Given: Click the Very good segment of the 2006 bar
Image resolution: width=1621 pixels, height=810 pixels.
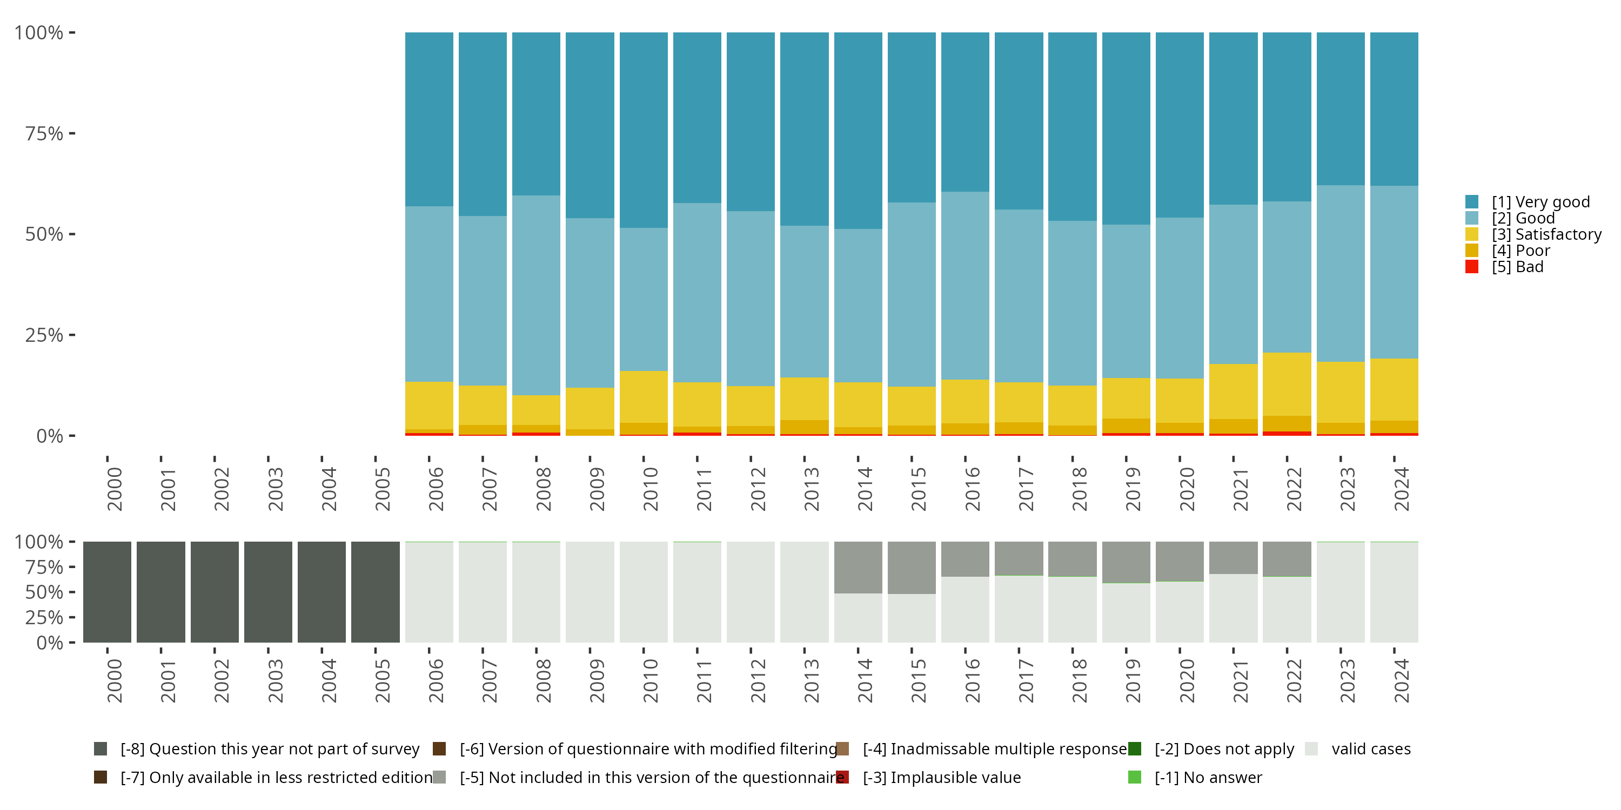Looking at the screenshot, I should coord(428,119).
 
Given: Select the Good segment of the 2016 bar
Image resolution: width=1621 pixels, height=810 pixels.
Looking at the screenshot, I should coord(964,286).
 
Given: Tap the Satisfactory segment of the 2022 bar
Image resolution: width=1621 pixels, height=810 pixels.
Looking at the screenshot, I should coord(1287,383).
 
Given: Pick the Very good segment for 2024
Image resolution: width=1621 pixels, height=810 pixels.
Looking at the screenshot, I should coord(1394,109).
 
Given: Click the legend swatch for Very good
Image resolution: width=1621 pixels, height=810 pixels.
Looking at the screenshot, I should coord(1472,202).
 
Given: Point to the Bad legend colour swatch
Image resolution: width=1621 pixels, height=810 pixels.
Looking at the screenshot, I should coord(1472,267).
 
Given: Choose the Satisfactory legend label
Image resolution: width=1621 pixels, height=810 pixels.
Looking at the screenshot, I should coord(1546,234).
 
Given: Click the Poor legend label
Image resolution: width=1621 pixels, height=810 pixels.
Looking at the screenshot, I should coord(1520,251).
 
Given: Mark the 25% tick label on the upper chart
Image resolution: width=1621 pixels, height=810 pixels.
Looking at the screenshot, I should coord(44,335).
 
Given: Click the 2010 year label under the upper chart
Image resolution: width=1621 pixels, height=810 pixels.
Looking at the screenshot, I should coord(650,489).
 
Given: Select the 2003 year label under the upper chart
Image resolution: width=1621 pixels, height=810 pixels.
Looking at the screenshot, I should coord(275,489).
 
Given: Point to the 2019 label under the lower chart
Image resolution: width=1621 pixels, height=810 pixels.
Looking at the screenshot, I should coord(1133,680).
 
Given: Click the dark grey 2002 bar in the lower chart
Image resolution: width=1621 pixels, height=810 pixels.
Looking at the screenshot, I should coord(215,592).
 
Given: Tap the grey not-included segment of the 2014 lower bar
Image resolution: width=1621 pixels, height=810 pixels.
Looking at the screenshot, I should coord(858,567).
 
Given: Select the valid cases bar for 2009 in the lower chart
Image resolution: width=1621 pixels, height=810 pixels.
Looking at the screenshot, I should coord(590,592).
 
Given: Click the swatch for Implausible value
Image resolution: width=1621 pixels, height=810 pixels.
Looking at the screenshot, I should coord(842,777).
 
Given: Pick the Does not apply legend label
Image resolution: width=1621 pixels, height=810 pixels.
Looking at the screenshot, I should coord(1224,749).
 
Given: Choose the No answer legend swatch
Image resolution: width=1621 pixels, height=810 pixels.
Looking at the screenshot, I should coord(1135,777).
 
